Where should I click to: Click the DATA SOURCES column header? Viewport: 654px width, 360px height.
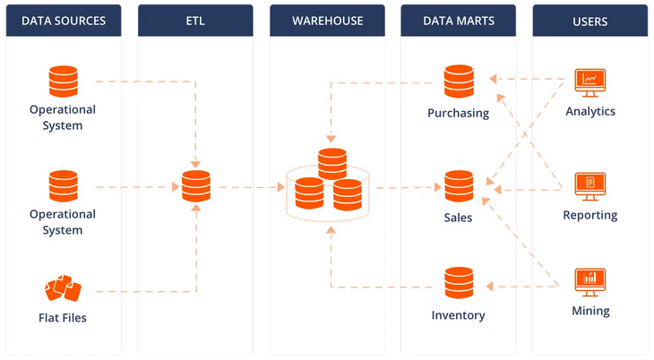tap(64, 21)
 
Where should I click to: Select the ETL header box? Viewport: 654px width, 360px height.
tap(195, 21)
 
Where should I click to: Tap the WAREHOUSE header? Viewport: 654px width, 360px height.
tap(327, 21)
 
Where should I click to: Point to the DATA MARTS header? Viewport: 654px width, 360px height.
tap(459, 21)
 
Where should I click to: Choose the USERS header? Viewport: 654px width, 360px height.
tap(590, 21)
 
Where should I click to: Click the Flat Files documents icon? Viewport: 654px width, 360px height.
tap(63, 287)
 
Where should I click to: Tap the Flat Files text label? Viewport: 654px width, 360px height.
tap(63, 318)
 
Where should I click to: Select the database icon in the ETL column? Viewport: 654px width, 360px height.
tap(196, 186)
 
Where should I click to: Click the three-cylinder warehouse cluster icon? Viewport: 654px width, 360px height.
tap(328, 184)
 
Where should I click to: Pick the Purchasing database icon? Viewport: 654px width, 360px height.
tap(459, 81)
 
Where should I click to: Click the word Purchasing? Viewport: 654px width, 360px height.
tap(459, 113)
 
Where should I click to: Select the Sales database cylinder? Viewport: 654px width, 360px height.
tap(459, 186)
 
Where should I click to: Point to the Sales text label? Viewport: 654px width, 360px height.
tap(458, 218)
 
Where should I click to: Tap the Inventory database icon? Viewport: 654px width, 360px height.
tap(459, 283)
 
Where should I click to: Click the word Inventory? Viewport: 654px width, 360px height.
tap(459, 315)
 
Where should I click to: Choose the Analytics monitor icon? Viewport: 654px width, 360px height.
tap(590, 82)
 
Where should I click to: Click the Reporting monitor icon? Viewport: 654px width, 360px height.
tap(590, 186)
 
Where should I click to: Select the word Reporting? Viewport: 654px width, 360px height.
tap(590, 215)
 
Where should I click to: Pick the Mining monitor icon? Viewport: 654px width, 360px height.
tap(590, 282)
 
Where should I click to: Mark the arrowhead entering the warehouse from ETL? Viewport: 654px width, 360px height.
tap(281, 187)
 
